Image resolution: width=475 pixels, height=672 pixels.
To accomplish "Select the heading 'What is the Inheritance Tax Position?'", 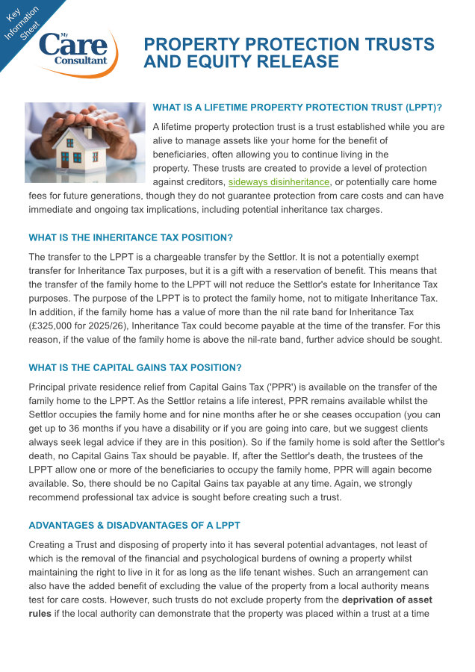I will pyautogui.click(x=131, y=237).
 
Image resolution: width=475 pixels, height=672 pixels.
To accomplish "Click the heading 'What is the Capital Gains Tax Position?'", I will pyautogui.click(x=134, y=367).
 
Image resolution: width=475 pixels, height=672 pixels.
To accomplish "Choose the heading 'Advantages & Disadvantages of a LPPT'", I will pyautogui.click(x=134, y=526).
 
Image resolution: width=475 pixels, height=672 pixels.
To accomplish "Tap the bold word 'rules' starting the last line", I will pyautogui.click(x=40, y=614).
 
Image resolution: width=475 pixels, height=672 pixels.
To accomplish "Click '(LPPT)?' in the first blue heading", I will pyautogui.click(x=417, y=108).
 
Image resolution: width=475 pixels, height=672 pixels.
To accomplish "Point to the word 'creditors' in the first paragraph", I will pyautogui.click(x=204, y=181).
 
